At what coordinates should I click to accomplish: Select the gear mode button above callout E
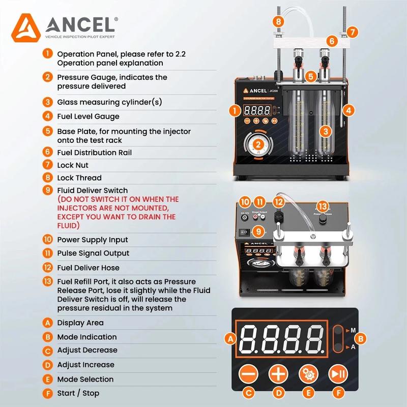click(x=307, y=374)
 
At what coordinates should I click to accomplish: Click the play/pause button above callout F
click(x=336, y=374)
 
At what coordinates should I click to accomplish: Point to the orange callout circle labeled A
click(x=231, y=338)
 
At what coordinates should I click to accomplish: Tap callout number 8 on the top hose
click(x=278, y=21)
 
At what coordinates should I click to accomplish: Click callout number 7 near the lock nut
click(x=353, y=32)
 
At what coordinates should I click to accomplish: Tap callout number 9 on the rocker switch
click(x=259, y=232)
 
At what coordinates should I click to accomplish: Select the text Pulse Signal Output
click(x=93, y=253)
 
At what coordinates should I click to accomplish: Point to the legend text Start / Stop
click(x=78, y=393)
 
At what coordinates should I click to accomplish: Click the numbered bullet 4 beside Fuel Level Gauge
click(x=48, y=117)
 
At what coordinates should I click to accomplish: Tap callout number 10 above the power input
click(x=246, y=201)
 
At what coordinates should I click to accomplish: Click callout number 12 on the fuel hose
click(x=278, y=201)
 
